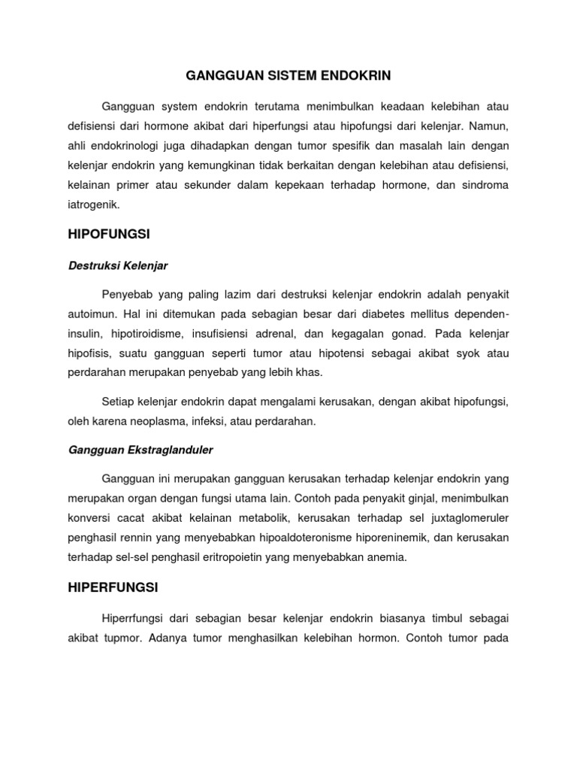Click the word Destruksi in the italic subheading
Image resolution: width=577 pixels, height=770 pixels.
point(93,265)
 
